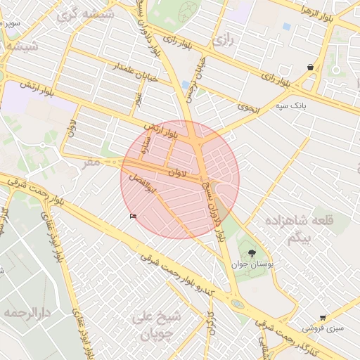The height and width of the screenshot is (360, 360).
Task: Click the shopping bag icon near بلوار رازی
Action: [x=310, y=67]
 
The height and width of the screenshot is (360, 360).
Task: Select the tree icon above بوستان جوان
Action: [x=251, y=252]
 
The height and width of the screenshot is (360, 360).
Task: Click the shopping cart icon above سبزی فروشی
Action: [x=323, y=318]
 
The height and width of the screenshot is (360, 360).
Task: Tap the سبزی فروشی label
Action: [x=323, y=328]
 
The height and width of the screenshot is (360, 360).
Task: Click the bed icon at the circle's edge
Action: [x=134, y=216]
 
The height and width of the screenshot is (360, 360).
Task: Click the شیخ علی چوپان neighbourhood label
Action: [x=157, y=325]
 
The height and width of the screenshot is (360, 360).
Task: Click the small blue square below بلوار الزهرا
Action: [x=286, y=27]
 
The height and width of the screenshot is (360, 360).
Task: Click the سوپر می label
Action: [x=10, y=24]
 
